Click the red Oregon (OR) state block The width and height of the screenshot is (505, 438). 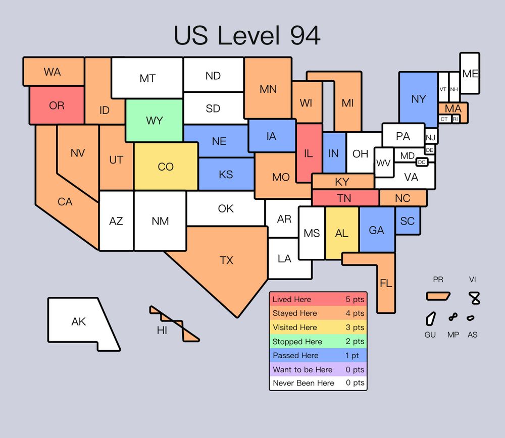(x=57, y=105)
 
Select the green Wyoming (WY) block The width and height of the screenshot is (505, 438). (x=154, y=120)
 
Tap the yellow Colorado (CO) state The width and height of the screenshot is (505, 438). (x=166, y=167)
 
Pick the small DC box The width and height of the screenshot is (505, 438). (x=422, y=162)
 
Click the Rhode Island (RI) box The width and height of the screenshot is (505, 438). (x=456, y=119)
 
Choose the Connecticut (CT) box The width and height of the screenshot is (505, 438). (x=444, y=119)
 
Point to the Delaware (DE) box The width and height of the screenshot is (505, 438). (x=430, y=150)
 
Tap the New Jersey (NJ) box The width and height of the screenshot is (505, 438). (x=430, y=137)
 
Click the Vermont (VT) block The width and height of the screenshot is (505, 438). (x=443, y=89)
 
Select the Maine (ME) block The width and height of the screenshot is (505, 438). (x=470, y=73)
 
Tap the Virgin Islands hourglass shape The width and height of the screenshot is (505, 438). (x=475, y=298)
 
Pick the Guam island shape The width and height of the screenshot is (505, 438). (x=430, y=318)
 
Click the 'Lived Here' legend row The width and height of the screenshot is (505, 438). (x=318, y=299)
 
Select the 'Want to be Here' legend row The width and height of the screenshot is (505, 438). (x=318, y=369)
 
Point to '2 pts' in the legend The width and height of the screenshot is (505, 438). (x=355, y=342)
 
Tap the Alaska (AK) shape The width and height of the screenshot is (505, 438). (x=79, y=321)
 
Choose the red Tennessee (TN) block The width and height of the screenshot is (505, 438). (x=345, y=198)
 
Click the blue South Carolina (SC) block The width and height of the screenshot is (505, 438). (x=408, y=221)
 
